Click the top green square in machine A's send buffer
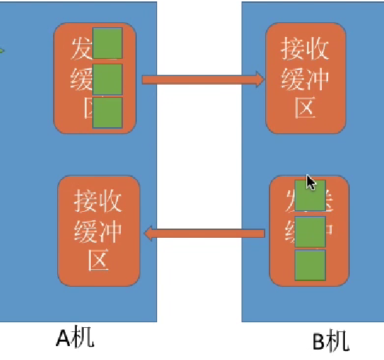[108, 43]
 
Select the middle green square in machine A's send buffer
[108, 79]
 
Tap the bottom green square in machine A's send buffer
[108, 113]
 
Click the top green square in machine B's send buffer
[310, 195]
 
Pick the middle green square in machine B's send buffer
[310, 231]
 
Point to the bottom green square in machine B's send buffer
[310, 266]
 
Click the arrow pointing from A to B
[202, 79]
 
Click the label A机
[75, 338]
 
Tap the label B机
[330, 342]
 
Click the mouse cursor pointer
[311, 182]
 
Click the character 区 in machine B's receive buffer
[306, 106]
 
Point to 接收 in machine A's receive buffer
[98, 201]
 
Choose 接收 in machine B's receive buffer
[306, 50]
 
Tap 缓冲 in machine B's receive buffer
[306, 78]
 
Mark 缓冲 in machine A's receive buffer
[98, 231]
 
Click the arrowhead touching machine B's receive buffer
[260, 79]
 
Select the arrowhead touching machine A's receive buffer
[149, 232]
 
